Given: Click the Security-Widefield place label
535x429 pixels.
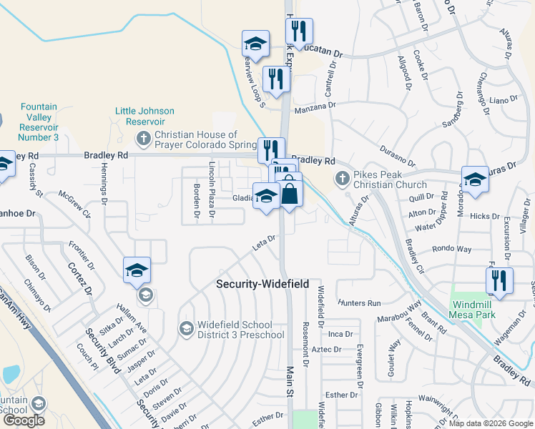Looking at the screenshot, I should [x=262, y=284].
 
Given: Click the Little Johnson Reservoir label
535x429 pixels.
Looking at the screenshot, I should [x=145, y=116].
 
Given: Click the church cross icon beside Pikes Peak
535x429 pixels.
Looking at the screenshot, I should [x=342, y=177].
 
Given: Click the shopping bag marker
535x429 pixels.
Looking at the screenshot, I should [x=290, y=193].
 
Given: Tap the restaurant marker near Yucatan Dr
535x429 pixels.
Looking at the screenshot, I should [x=299, y=31].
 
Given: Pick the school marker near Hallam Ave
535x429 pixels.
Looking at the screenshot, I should [x=137, y=270].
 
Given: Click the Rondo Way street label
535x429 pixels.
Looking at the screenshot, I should [x=452, y=250].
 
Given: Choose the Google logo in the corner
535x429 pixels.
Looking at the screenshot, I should [x=24, y=420].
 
